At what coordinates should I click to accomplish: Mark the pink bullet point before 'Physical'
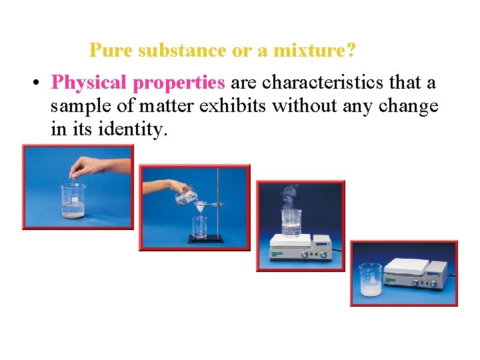click(x=38, y=83)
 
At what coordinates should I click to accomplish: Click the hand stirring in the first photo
click(x=90, y=165)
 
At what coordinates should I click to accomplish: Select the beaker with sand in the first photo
click(x=73, y=202)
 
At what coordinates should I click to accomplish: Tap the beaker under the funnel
click(x=200, y=228)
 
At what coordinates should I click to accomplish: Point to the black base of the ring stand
click(x=209, y=239)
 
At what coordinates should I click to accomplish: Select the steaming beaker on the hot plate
click(x=291, y=223)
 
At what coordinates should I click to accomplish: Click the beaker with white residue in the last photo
click(x=370, y=281)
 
